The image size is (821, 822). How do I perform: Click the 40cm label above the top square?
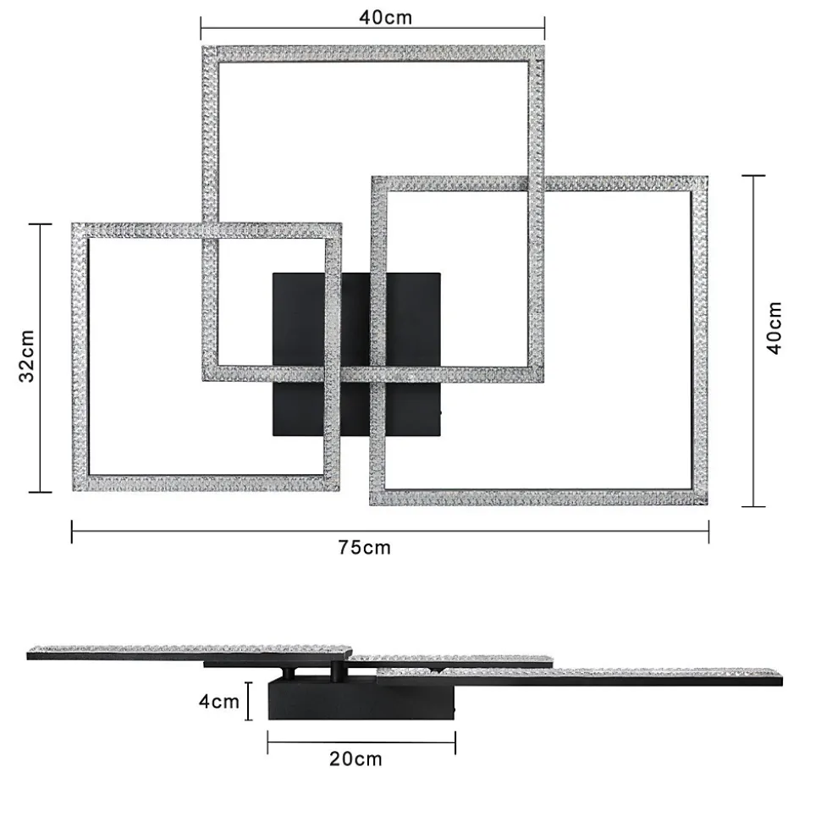tap(385, 17)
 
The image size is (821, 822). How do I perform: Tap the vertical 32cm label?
tap(26, 356)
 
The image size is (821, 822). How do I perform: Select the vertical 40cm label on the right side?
tap(774, 328)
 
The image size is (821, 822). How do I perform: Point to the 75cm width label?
tap(364, 548)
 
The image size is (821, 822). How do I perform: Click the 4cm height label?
tap(218, 701)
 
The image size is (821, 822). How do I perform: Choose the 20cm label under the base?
tap(356, 759)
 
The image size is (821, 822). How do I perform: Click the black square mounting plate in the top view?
tap(356, 355)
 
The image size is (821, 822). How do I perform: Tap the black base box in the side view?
tap(361, 700)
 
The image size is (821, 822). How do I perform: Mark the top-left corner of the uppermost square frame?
tap(203, 47)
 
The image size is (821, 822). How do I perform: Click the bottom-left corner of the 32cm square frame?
tap(73, 491)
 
